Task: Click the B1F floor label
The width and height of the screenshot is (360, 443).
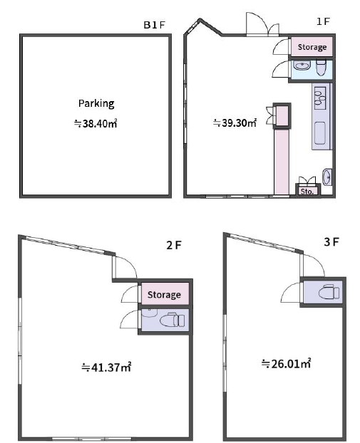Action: (154, 25)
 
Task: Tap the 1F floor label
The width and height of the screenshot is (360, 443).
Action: (323, 21)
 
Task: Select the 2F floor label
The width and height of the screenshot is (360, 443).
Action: (174, 245)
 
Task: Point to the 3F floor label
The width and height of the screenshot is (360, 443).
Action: (331, 242)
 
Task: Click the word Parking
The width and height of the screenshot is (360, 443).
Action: (96, 104)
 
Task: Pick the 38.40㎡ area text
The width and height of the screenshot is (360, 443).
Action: (96, 123)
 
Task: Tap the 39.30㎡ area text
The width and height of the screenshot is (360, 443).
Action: (235, 123)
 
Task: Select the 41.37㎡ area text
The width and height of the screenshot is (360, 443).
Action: (106, 367)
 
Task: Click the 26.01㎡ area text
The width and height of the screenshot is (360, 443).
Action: (286, 363)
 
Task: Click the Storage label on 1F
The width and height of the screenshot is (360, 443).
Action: (312, 47)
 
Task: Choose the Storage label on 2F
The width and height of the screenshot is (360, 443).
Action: (164, 295)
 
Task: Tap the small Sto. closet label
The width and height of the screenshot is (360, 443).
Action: (307, 192)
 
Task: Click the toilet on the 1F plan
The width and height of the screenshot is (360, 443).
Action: (321, 67)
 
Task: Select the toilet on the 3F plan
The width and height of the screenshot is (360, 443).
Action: (329, 293)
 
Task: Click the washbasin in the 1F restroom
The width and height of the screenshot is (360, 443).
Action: (302, 66)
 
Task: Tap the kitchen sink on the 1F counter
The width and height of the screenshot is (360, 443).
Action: (320, 96)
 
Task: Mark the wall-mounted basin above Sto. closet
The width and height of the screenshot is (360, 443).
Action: (327, 177)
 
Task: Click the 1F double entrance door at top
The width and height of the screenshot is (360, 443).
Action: (263, 25)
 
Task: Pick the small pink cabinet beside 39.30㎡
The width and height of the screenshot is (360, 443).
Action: (282, 116)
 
